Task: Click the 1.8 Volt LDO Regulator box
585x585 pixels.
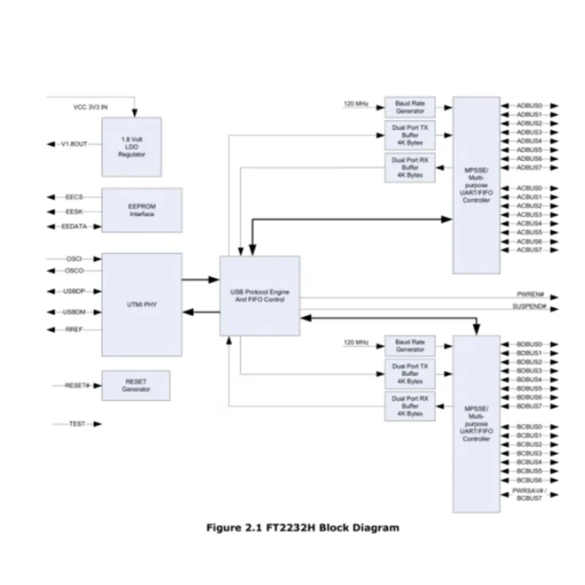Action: click(132, 145)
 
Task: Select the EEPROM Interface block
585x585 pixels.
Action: click(142, 211)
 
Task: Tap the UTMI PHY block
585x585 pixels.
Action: click(142, 304)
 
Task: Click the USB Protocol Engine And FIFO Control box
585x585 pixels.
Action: click(260, 295)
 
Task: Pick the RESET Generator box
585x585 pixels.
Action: click(135, 385)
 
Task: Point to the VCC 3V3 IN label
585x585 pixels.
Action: click(90, 107)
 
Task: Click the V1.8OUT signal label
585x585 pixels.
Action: click(73, 145)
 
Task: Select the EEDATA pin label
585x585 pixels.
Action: click(74, 227)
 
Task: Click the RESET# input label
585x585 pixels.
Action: click(77, 385)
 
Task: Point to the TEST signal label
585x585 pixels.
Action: click(77, 424)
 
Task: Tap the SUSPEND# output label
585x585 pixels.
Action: click(529, 305)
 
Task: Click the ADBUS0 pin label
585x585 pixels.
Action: click(529, 106)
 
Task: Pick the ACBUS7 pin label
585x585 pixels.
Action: click(529, 250)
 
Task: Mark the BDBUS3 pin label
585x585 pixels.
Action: click(529, 371)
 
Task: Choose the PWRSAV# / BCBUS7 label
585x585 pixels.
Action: click(529, 494)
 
